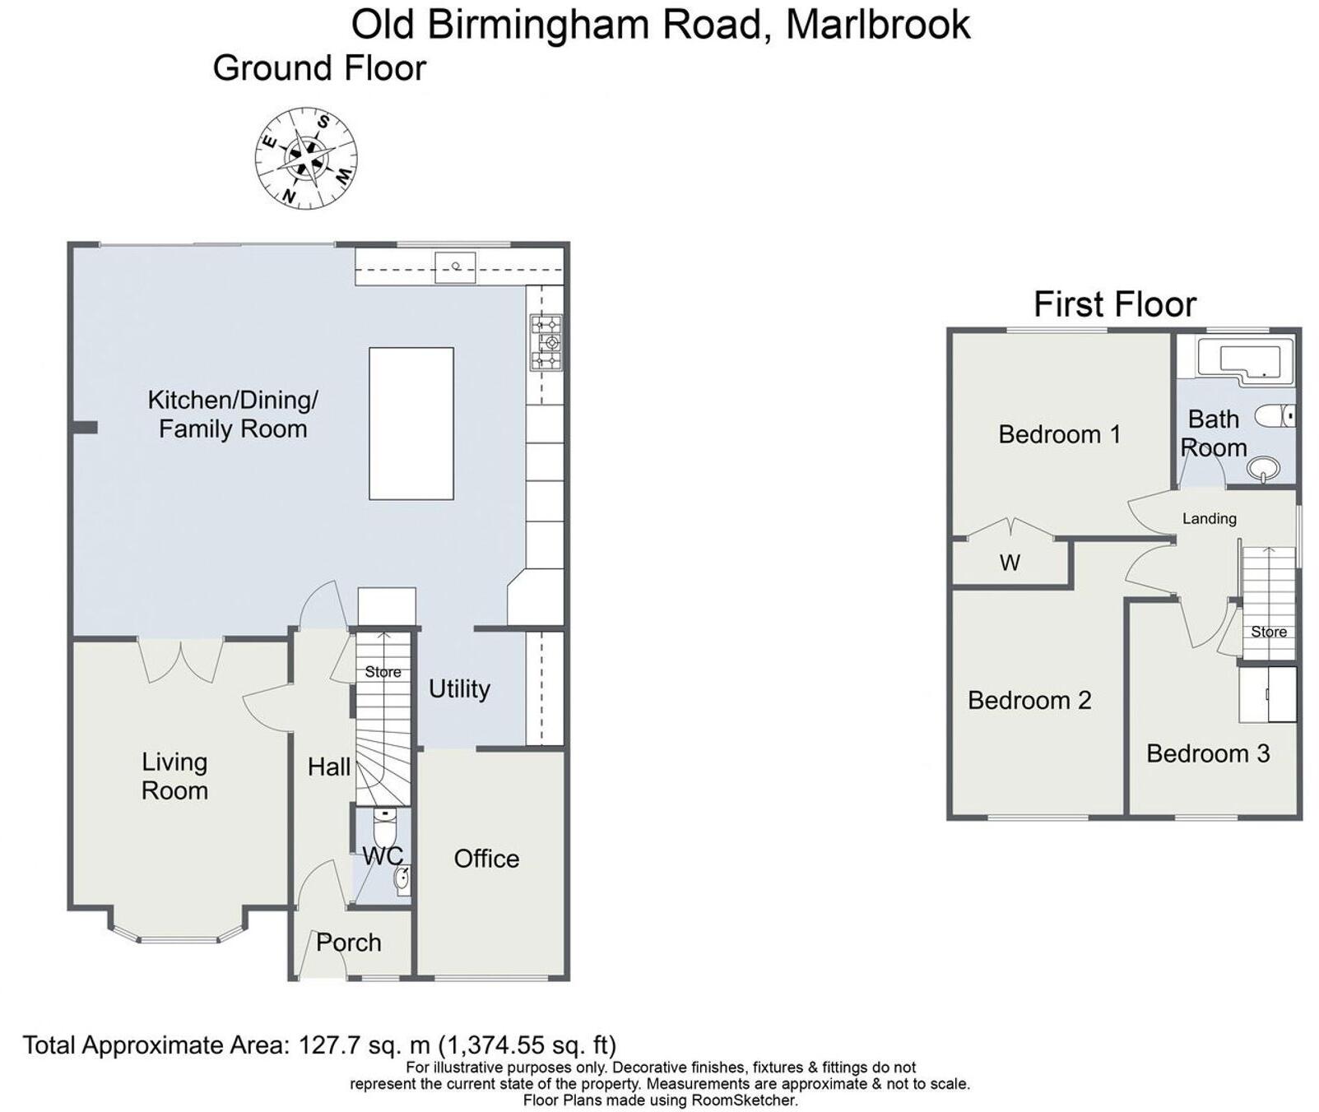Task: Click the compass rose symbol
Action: pos(306,158)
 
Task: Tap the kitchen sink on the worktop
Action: pos(455,266)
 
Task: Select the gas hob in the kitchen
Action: pos(546,342)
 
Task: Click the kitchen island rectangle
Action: pos(411,423)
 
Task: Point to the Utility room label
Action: pos(459,688)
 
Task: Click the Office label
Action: pos(486,859)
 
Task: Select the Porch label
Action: pos(348,942)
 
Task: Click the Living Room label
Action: pos(174,776)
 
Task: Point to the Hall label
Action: pos(328,767)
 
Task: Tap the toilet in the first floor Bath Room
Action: pos(1275,416)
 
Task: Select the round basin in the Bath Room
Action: pos(1262,470)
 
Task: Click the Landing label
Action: pos(1209,518)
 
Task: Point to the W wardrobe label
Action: pos(1010,563)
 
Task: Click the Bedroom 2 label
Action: pos(1029,700)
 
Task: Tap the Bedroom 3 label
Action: pos(1207,753)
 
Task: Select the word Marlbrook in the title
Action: pos(878,25)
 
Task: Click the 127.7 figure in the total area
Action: pos(328,1045)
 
